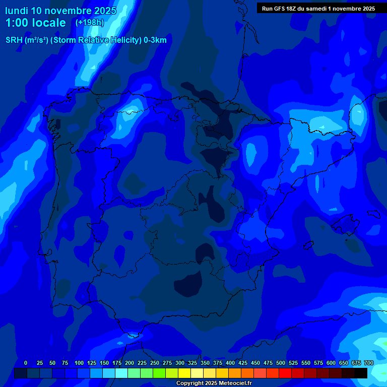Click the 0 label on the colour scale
(x=26, y=363)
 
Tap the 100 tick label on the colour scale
(x=79, y=363)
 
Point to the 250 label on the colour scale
(x=155, y=363)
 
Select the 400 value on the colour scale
(x=230, y=363)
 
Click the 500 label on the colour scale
(x=281, y=363)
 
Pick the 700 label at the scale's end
(x=369, y=363)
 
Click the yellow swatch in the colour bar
(x=184, y=373)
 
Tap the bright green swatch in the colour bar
(x=159, y=373)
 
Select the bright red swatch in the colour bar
(x=285, y=373)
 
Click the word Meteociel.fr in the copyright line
(x=232, y=383)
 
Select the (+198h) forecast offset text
(x=89, y=23)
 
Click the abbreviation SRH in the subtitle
(x=14, y=41)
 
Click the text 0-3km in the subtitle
(x=155, y=41)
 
